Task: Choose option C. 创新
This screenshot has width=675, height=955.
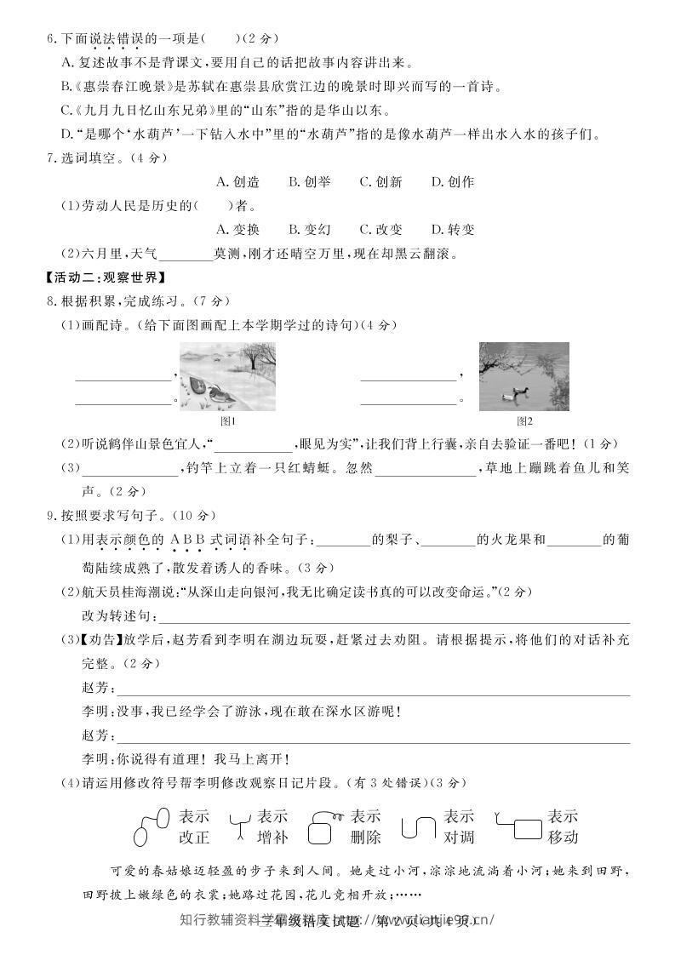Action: [380, 181]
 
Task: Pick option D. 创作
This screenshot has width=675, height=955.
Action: [452, 181]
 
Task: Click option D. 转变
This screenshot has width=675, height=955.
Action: [452, 229]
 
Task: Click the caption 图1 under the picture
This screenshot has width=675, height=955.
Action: [227, 420]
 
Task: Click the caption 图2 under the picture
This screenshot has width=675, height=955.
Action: [524, 420]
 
